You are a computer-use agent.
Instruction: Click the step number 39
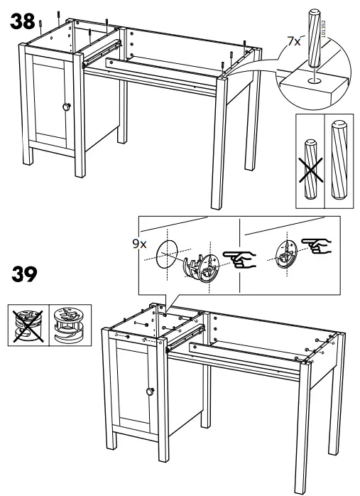coord(23,274)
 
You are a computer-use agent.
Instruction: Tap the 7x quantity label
coord(290,42)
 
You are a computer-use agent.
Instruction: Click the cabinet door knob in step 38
coord(67,106)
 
